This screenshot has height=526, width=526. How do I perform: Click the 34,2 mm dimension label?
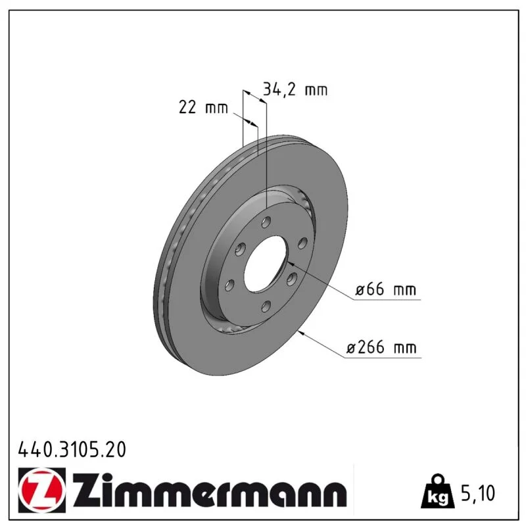[295, 90]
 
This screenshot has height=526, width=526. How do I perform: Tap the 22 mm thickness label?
[203, 107]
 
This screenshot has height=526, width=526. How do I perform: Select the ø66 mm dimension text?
[386, 289]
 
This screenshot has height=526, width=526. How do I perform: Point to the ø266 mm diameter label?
[381, 347]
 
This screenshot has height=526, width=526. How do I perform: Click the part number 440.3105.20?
[72, 450]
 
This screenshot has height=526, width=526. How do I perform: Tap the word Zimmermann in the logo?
[210, 490]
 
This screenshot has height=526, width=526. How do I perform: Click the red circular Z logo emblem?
[42, 490]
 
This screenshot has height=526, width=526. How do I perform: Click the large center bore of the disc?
[266, 264]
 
